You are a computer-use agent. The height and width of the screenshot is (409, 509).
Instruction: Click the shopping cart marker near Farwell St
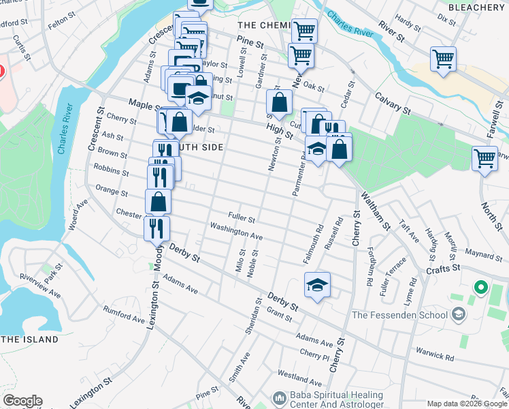click(484, 159)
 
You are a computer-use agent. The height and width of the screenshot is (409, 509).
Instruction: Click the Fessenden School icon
click(459, 314)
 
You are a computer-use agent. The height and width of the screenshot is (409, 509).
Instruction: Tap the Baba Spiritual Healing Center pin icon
click(278, 397)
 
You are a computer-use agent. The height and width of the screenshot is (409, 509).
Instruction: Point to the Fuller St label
click(242, 219)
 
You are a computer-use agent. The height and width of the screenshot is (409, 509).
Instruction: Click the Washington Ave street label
click(236, 230)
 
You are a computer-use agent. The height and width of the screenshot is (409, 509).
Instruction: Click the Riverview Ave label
click(40, 286)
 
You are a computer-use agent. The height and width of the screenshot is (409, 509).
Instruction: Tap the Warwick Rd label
click(435, 356)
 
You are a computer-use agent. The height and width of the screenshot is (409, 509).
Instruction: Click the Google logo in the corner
click(22, 401)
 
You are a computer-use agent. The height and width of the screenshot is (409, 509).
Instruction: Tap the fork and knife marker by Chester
click(157, 228)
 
